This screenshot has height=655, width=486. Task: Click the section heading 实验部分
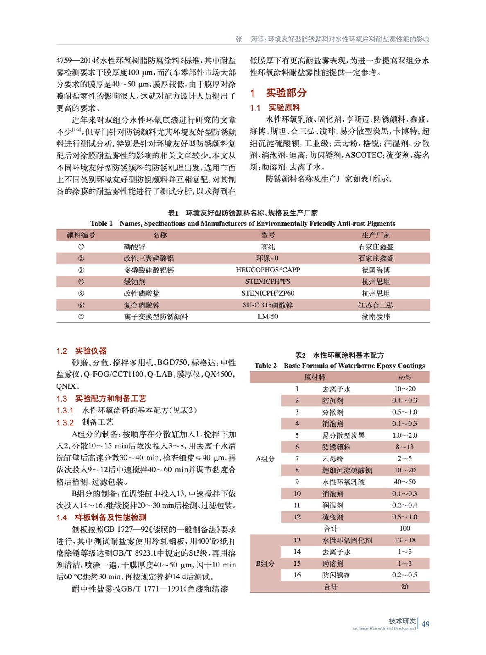tap(286, 93)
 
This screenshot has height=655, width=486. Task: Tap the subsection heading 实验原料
tap(284, 108)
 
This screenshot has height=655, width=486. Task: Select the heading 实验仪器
tap(90, 351)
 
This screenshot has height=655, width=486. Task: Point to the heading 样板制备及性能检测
tap(110, 517)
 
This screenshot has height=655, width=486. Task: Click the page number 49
tap(425, 624)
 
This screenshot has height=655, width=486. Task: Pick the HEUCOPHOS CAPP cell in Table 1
tap(268, 270)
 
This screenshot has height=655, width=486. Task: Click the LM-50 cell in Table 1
tap(268, 316)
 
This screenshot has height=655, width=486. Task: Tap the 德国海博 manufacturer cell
tap(376, 270)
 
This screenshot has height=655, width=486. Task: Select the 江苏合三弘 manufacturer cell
tap(376, 305)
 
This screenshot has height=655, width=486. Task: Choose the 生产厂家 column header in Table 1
tap(376, 235)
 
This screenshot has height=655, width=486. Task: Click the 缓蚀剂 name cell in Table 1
tap(135, 282)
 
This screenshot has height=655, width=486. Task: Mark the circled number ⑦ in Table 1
tap(81, 316)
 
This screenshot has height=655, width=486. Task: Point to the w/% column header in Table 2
tap(405, 377)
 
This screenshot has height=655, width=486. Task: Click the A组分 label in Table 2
tap(265, 459)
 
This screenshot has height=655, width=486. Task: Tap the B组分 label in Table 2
tap(265, 564)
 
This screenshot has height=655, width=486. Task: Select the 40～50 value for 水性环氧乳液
tap(405, 482)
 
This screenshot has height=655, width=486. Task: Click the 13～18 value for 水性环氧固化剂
tap(405, 540)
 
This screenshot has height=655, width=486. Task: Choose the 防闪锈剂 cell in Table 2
tap(336, 575)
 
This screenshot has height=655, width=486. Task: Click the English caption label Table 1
tap(102, 224)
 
